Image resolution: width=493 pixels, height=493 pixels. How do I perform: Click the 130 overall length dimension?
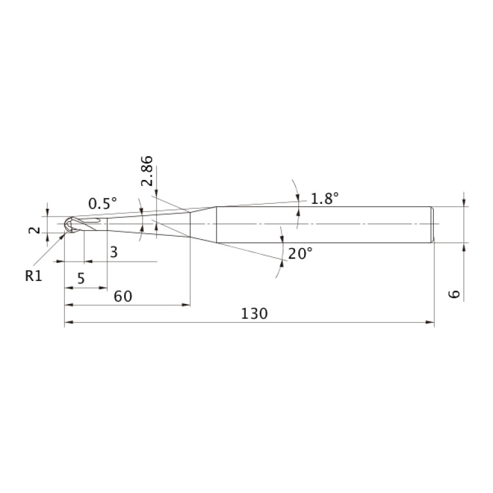pyautogui.click(x=255, y=314)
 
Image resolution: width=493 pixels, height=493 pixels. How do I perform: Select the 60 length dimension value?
pyautogui.click(x=123, y=296)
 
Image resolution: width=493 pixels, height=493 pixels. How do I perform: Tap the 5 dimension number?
pyautogui.click(x=81, y=278)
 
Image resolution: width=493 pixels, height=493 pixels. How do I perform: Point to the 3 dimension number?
pyautogui.click(x=114, y=252)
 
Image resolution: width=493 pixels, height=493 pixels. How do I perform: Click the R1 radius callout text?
pyautogui.click(x=33, y=276)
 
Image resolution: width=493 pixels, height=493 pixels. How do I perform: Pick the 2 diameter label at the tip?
pyautogui.click(x=35, y=230)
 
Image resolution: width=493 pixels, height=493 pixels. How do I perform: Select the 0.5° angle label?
pyautogui.click(x=102, y=203)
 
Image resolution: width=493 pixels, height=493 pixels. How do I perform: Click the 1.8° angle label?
pyautogui.click(x=325, y=199)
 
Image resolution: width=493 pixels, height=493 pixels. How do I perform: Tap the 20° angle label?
pyautogui.click(x=301, y=253)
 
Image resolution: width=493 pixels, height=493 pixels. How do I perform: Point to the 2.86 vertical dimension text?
pyautogui.click(x=147, y=171)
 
